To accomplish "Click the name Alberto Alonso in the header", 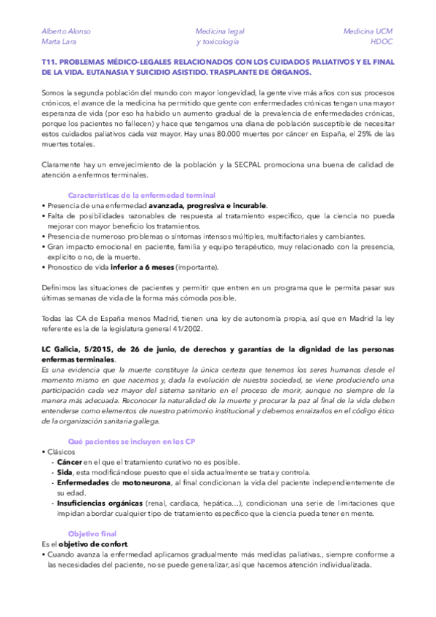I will pos(66,31).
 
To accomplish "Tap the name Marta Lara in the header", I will pos(60,42).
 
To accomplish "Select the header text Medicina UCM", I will pos(368,31).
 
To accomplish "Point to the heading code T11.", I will pos(50,63).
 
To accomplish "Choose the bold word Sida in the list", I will pos(65,472).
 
